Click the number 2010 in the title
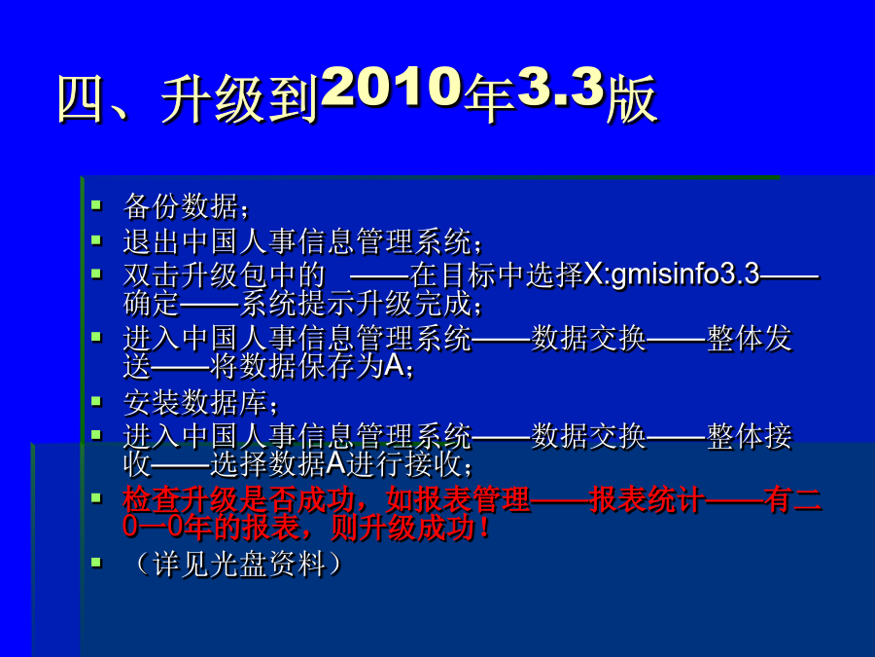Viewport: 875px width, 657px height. coord(392,88)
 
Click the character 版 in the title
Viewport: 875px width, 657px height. coord(632,100)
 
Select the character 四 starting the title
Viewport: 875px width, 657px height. coord(82,100)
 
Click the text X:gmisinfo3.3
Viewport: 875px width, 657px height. coord(671,274)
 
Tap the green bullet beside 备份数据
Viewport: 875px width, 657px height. coord(96,204)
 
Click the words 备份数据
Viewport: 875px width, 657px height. coord(181,206)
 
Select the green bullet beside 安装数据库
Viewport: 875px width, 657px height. coord(96,401)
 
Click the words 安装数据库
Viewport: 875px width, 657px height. coord(195,402)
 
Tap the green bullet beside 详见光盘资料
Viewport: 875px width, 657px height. coord(96,562)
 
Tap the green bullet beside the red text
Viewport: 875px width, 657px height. coord(96,496)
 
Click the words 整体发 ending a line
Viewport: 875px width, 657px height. coord(750,339)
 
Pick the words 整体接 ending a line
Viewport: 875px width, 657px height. coord(750,436)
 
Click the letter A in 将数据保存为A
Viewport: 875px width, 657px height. coord(395,366)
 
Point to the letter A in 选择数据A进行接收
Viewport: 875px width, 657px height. coord(336,463)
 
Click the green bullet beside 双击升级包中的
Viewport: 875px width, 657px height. coord(96,274)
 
